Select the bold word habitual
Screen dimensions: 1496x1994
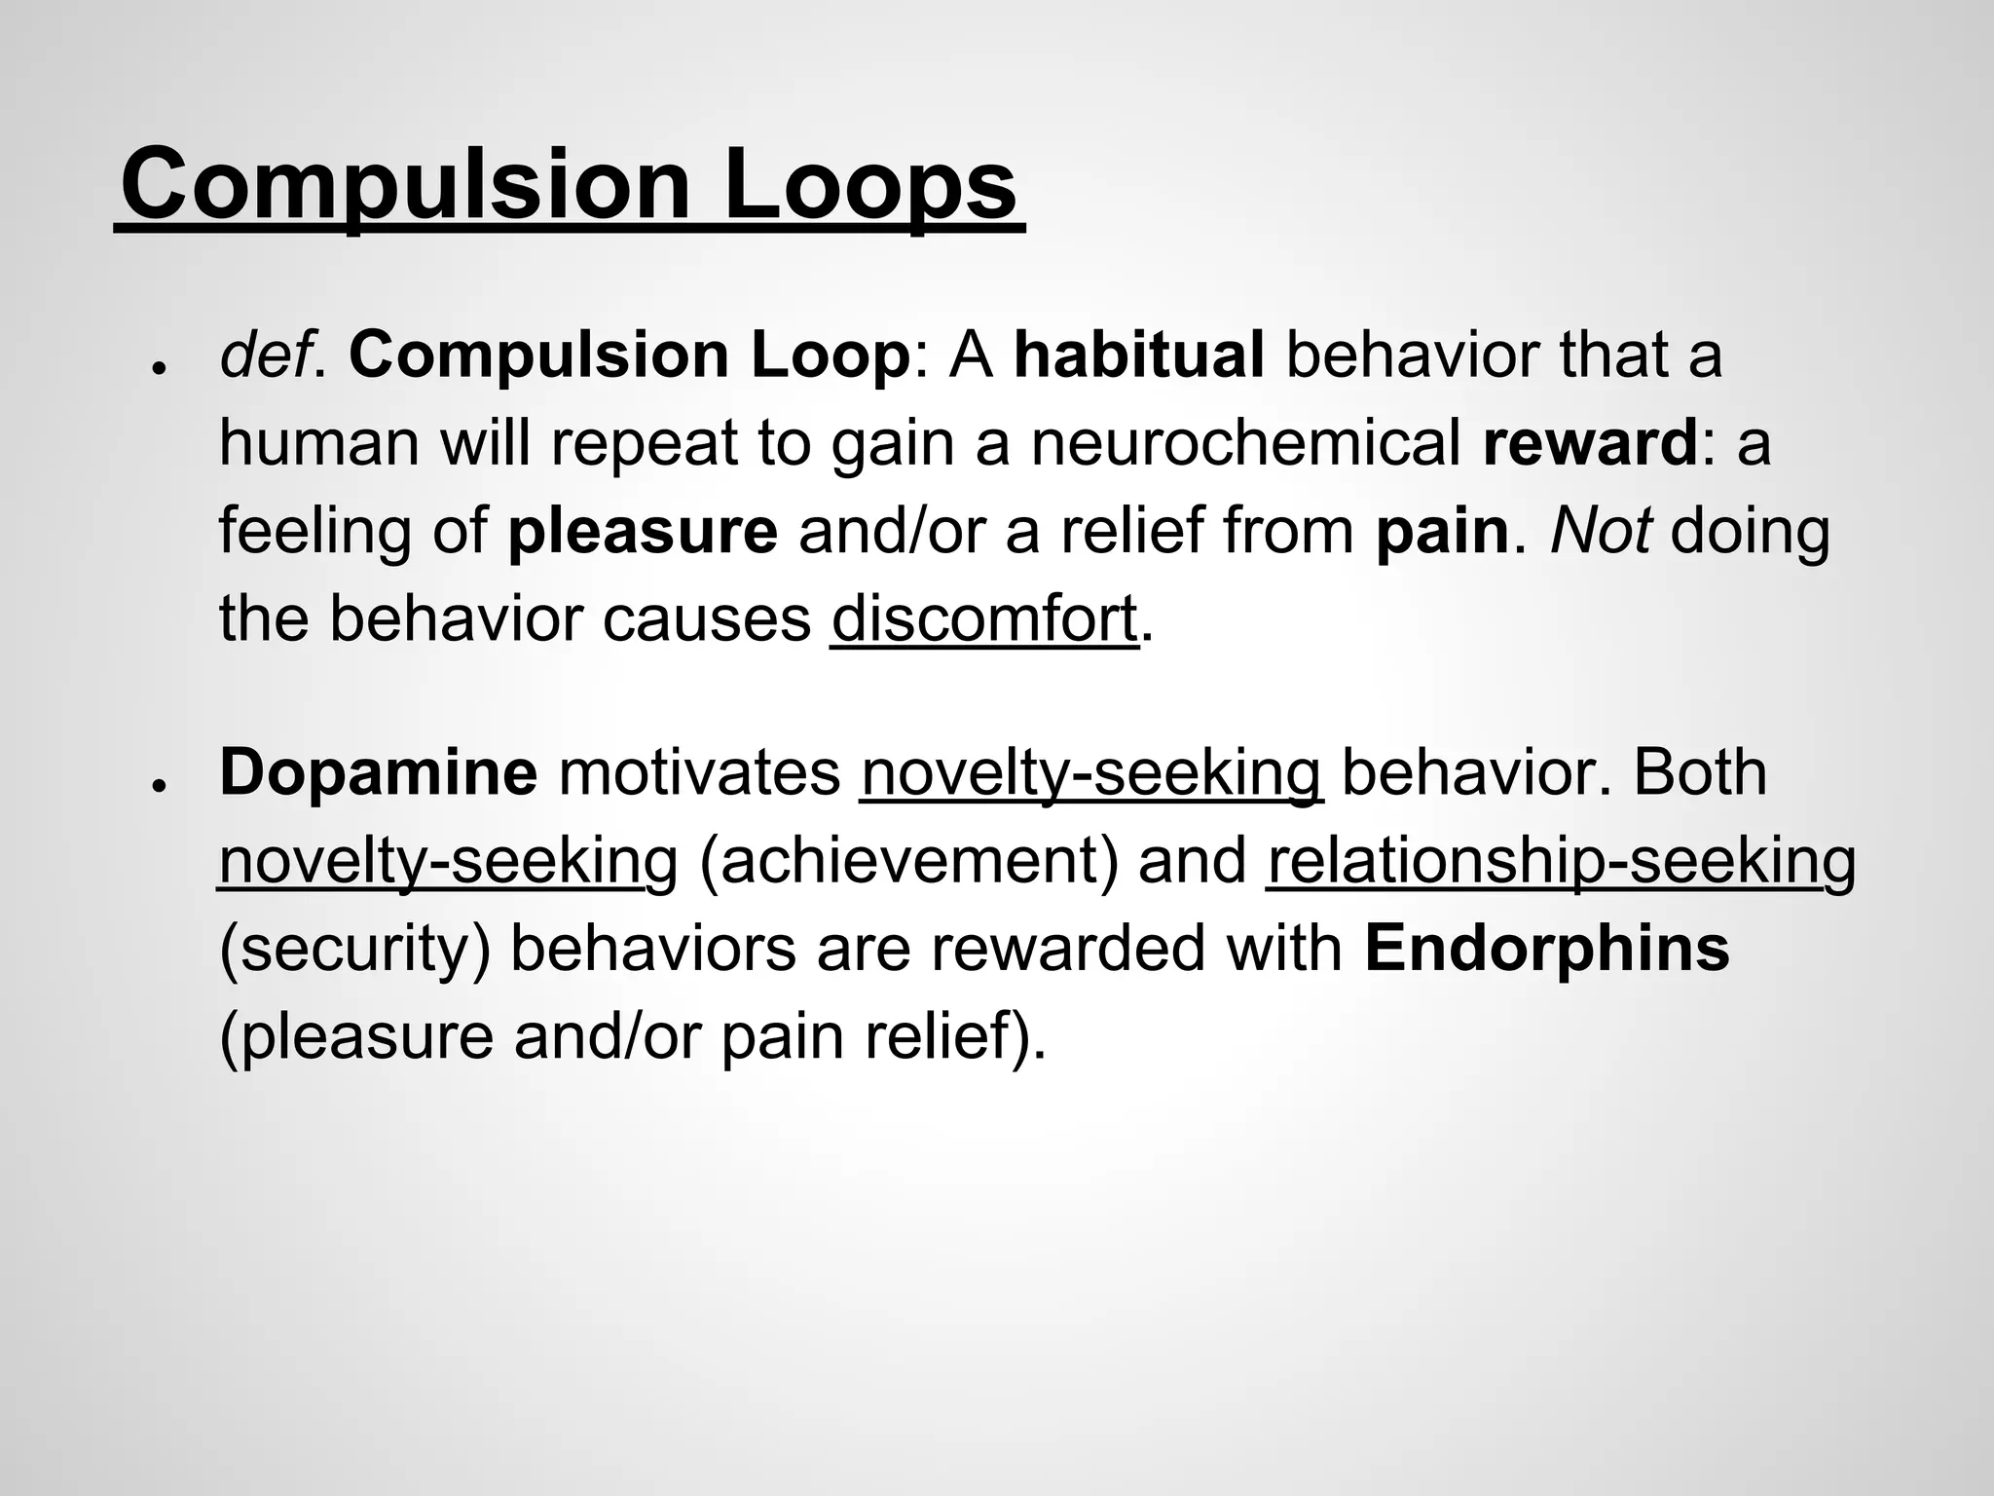point(1138,355)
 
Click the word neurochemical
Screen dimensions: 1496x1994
point(1245,443)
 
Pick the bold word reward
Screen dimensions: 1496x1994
point(1590,443)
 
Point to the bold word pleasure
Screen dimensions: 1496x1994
point(643,532)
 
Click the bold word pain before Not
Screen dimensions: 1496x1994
point(1441,532)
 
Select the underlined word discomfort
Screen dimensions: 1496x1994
point(984,618)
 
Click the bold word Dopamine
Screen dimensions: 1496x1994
point(378,773)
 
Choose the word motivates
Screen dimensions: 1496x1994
point(699,773)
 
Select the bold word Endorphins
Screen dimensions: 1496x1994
point(1546,950)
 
